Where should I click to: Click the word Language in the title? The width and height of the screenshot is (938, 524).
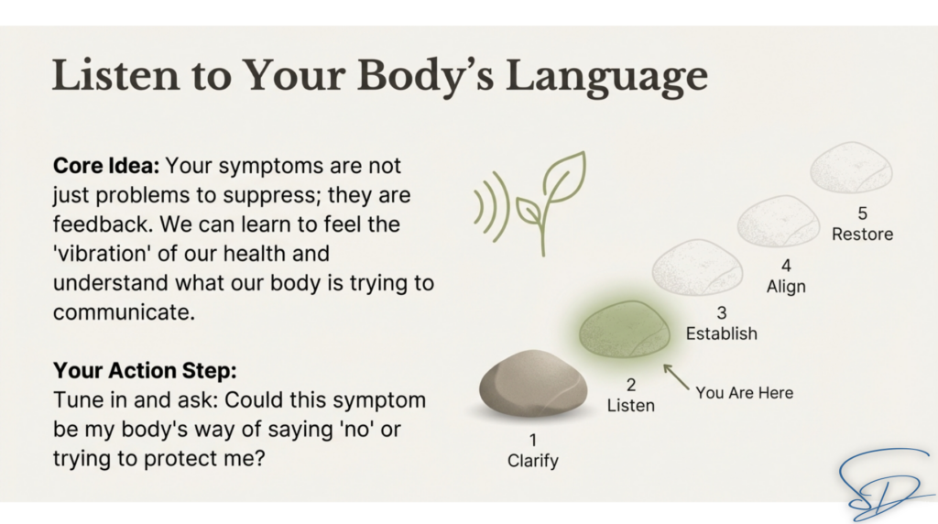(606, 77)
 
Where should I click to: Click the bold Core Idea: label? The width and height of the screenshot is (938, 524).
(106, 166)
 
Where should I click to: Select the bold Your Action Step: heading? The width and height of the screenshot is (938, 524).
(145, 370)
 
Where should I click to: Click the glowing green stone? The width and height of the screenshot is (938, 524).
(625, 329)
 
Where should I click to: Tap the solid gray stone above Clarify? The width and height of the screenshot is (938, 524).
(533, 383)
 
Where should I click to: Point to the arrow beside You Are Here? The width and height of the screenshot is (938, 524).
(676, 377)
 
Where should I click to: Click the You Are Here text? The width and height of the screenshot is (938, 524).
(744, 393)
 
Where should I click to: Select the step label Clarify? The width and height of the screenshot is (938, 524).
(533, 461)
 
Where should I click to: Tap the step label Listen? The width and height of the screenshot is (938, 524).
(630, 406)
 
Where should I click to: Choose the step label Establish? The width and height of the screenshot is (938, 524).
(722, 333)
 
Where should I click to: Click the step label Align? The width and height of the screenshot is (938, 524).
(786, 287)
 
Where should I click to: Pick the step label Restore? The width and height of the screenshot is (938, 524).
(862, 234)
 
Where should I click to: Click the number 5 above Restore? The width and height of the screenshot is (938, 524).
(862, 213)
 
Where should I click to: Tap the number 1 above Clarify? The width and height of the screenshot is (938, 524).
(533, 441)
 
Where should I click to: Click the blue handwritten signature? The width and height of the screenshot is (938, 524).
(884, 485)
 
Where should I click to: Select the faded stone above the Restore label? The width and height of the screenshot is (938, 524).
(851, 168)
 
